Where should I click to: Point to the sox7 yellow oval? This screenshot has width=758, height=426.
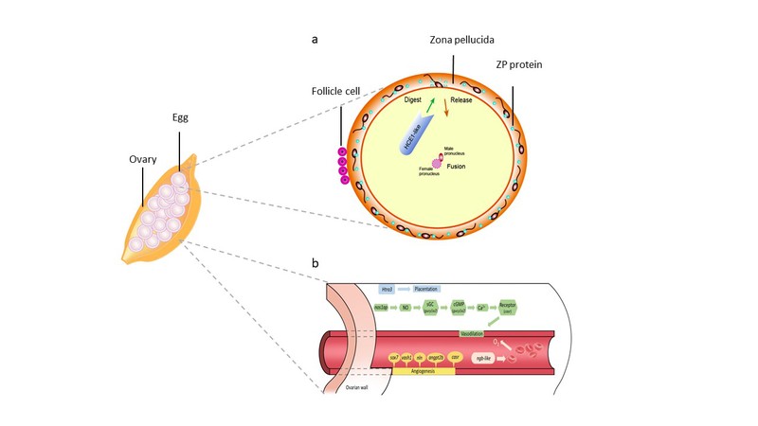click(369, 359)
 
